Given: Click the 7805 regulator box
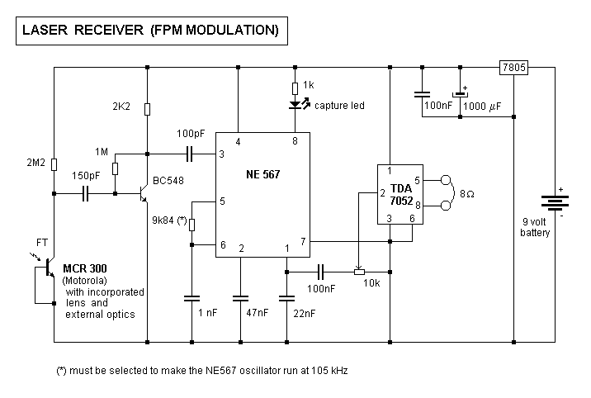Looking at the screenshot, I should click(x=513, y=68).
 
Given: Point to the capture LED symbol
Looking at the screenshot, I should click(x=295, y=106).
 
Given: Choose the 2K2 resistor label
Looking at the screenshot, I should click(x=121, y=107).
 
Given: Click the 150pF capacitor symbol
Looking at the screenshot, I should click(x=86, y=194).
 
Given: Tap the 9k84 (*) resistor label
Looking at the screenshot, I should click(x=168, y=221).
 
